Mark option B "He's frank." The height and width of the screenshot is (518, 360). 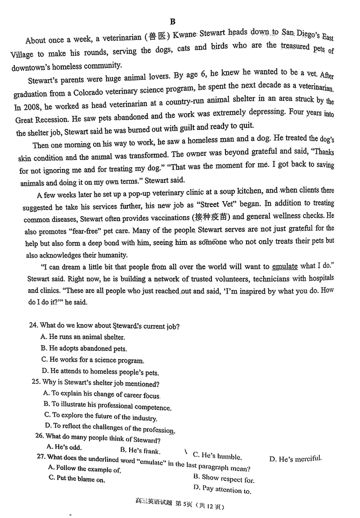point(140,450)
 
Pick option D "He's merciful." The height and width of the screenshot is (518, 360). point(295,459)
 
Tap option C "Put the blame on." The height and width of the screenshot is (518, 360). point(77,479)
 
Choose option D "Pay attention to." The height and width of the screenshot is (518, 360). point(222,489)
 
